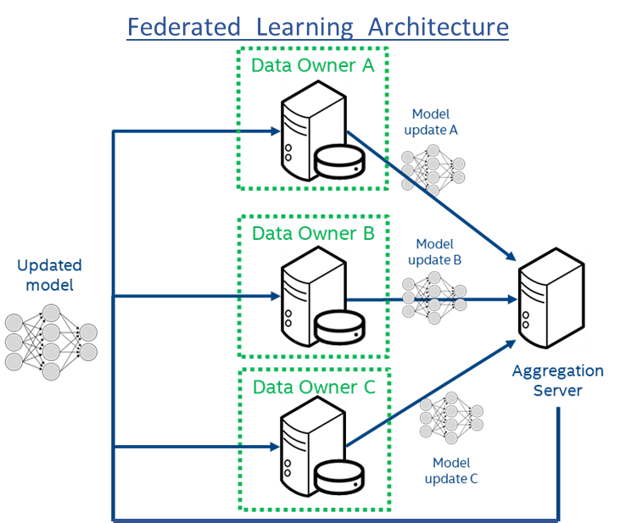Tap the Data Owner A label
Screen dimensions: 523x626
[x=313, y=64]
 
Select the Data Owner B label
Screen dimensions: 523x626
[x=313, y=233]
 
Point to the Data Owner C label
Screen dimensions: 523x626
[x=313, y=387]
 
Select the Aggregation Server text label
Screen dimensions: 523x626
[x=557, y=381]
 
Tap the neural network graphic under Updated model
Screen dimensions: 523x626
[x=51, y=342]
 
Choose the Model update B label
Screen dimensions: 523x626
[x=434, y=252]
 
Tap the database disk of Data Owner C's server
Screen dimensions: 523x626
[x=338, y=480]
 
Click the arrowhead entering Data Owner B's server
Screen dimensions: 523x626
[x=276, y=298]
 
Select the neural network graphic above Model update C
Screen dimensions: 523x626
[x=451, y=417]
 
